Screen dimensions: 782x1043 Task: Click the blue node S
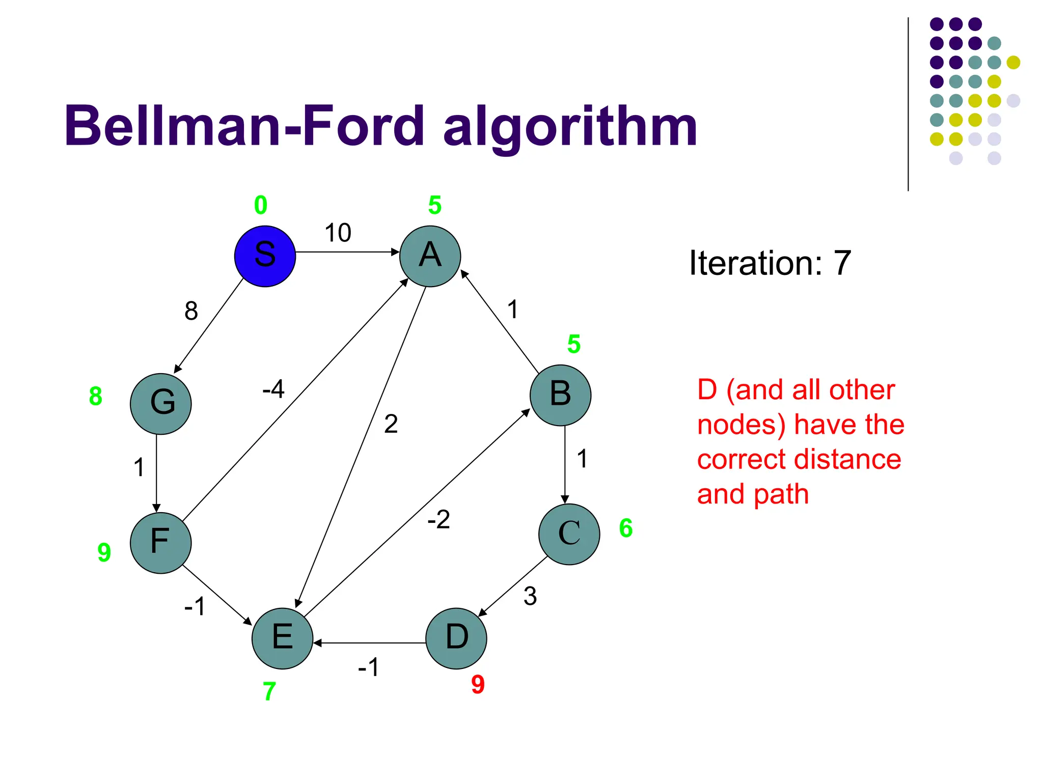[x=265, y=256]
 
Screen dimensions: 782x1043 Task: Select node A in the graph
[x=430, y=256]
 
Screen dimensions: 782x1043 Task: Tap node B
[x=560, y=395]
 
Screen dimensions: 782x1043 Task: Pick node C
[x=569, y=534]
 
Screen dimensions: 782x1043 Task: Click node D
[x=456, y=638]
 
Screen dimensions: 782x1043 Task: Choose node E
[x=282, y=638]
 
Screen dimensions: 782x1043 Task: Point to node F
[x=160, y=543]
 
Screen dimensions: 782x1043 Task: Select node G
[x=160, y=404]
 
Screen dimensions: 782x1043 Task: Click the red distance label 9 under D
[x=478, y=685]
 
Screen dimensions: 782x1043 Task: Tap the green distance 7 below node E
[x=269, y=691]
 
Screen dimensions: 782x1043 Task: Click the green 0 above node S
[x=261, y=205]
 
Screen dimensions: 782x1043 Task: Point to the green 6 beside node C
[x=626, y=528]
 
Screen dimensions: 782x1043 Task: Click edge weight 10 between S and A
[x=338, y=233]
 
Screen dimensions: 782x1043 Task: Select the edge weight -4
[x=273, y=389]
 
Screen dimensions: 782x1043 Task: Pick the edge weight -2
[x=438, y=520]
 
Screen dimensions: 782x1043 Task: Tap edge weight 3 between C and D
[x=530, y=596]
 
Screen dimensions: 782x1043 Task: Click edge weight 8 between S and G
[x=191, y=311]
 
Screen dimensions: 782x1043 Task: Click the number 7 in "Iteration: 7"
[x=842, y=263]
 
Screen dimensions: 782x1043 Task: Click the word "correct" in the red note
[x=741, y=459]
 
